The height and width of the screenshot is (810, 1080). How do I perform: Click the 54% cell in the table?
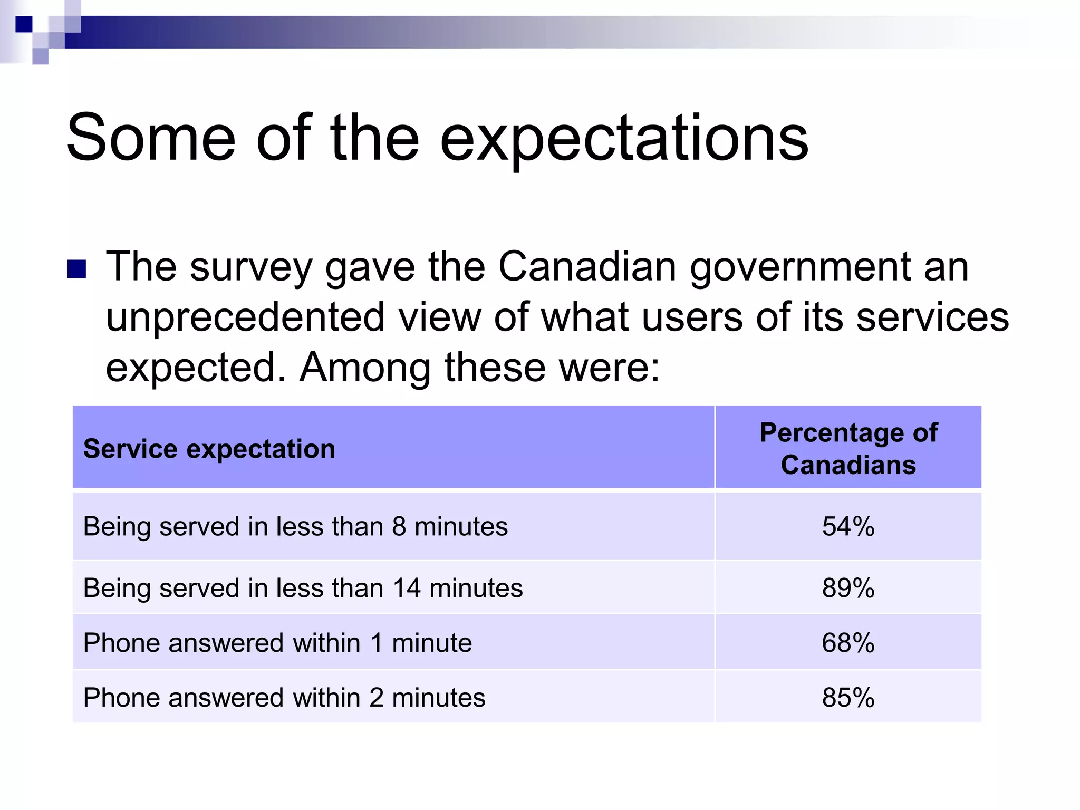click(848, 526)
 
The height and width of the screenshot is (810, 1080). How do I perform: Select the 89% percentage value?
click(848, 587)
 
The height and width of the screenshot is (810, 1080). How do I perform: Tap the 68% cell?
click(848, 643)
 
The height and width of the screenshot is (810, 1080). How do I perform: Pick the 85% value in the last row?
click(848, 697)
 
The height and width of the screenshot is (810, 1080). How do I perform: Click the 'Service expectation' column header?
click(209, 449)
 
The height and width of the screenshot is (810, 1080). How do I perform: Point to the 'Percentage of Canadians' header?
click(848, 448)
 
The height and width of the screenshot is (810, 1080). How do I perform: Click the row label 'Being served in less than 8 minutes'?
click(295, 526)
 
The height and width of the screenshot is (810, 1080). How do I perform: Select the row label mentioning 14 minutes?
click(303, 587)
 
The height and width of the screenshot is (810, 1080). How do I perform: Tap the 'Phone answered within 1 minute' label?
click(277, 643)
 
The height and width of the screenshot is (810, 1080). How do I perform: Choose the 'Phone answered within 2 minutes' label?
click(284, 697)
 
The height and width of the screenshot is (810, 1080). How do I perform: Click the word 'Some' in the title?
click(151, 138)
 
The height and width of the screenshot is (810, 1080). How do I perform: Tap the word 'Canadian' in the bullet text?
click(587, 266)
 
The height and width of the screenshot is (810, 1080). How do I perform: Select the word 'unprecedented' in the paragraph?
click(245, 317)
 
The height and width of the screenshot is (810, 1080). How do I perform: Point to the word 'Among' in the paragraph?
click(365, 367)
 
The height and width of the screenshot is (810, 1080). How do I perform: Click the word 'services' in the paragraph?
click(932, 317)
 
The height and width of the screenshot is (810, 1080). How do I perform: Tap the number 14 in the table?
click(407, 587)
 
